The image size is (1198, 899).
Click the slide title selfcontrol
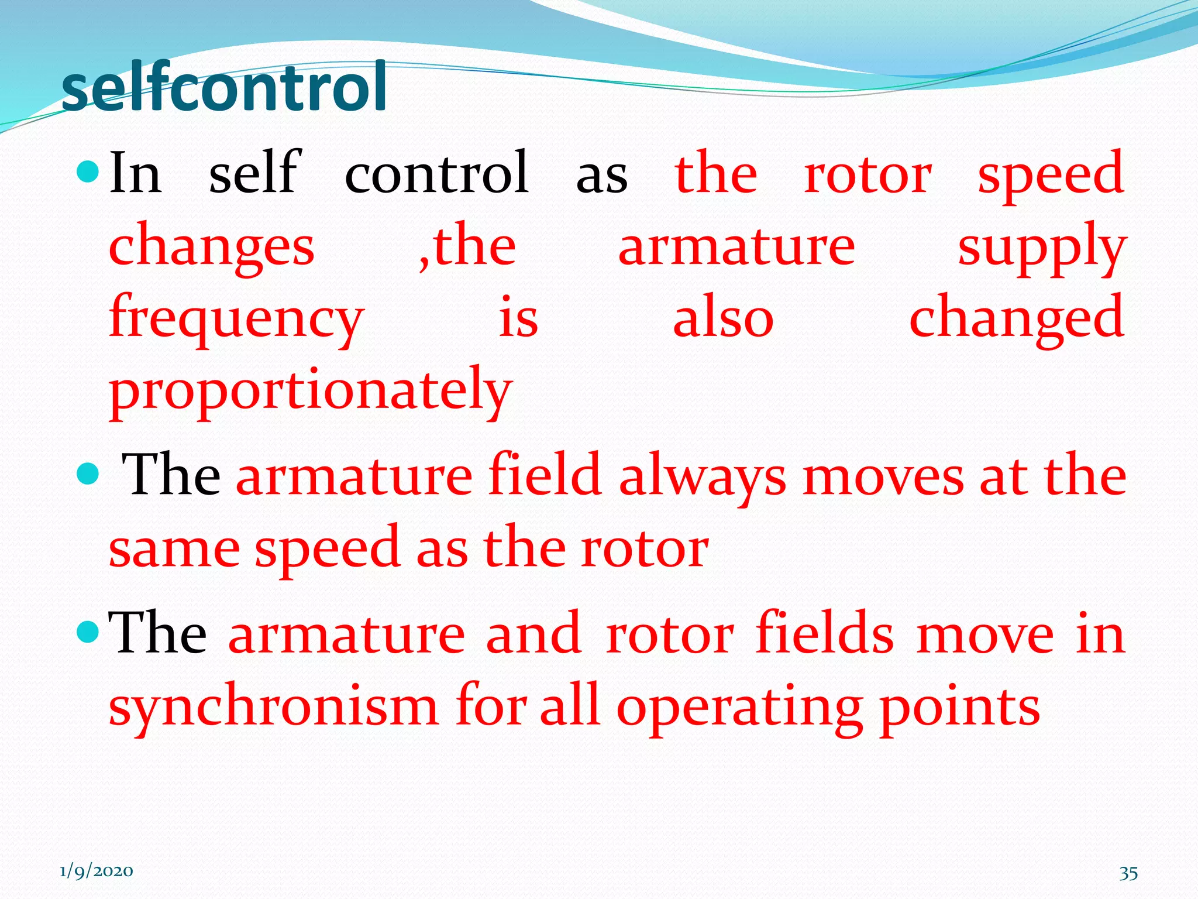coord(223,88)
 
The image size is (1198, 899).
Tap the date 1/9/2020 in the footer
coord(96,871)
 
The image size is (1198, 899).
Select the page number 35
coord(1128,873)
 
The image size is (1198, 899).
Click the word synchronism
coord(273,706)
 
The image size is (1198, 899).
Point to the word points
coord(960,706)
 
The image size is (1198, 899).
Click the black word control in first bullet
coord(437,173)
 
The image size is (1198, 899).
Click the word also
coord(723,318)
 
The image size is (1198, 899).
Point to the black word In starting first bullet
coord(135,173)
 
